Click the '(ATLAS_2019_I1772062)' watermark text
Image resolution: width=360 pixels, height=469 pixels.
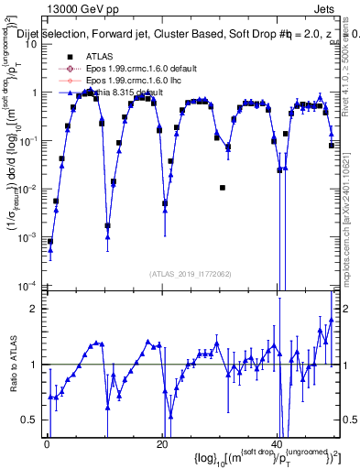pyautogui.click(x=191, y=274)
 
